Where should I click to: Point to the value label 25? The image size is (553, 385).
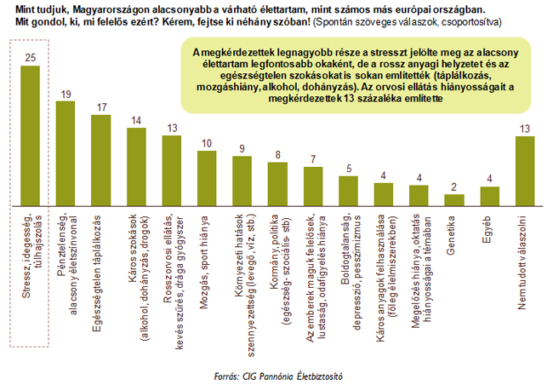tap(31, 58)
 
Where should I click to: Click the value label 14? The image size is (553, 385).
tap(136, 120)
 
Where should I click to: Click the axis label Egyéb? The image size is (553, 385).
tap(489, 228)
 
